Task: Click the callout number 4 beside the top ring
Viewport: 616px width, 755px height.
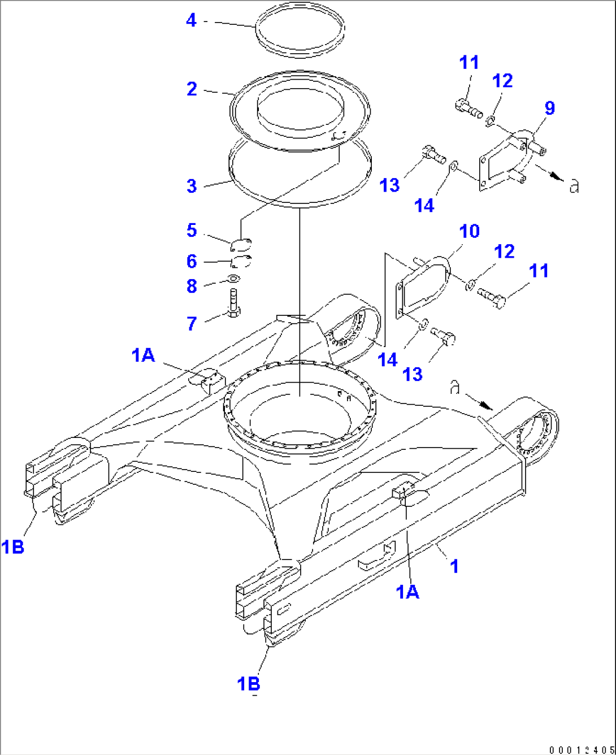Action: pyautogui.click(x=192, y=21)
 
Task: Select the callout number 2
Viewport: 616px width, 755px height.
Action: pyautogui.click(x=192, y=89)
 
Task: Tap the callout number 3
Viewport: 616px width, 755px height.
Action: pyautogui.click(x=192, y=186)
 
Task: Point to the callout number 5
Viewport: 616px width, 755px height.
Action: pyautogui.click(x=192, y=231)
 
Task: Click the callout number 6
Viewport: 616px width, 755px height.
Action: pyautogui.click(x=192, y=262)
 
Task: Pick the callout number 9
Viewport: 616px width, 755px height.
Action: pyautogui.click(x=549, y=108)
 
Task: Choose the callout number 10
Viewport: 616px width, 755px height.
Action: pyautogui.click(x=469, y=231)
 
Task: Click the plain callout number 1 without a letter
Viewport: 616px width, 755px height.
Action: pyautogui.click(x=454, y=566)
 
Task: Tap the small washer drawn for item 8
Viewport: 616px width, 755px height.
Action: pyautogui.click(x=232, y=279)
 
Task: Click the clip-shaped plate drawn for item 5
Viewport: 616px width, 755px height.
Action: pyautogui.click(x=242, y=244)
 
